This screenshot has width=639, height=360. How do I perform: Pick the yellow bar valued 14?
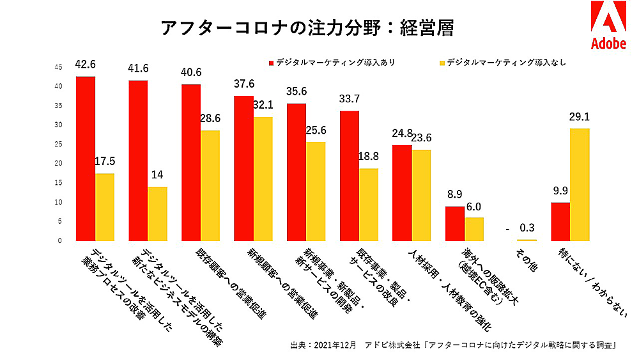point(158,214)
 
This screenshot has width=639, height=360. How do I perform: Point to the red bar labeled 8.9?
point(455,223)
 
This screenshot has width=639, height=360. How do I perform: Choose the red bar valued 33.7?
point(350,176)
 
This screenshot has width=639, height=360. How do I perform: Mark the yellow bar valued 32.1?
point(263,178)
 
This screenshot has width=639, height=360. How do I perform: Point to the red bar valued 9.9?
point(560,221)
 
